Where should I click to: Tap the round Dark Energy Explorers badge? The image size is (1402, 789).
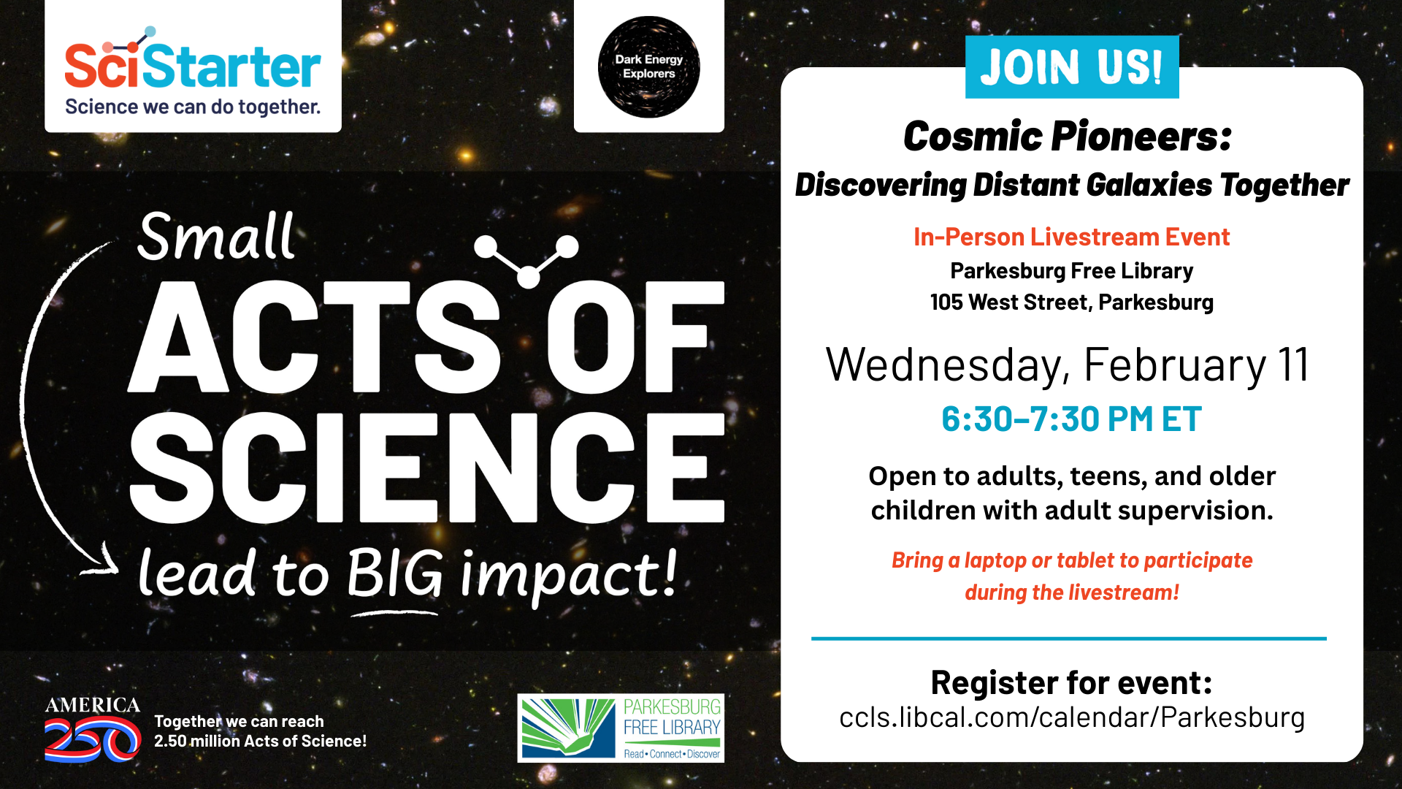point(648,66)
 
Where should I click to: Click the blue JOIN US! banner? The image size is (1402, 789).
point(1071,66)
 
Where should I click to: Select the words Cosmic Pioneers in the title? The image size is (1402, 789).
point(1067,137)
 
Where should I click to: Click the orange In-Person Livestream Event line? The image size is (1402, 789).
point(1071,237)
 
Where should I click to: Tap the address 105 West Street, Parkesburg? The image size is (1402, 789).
point(1071,302)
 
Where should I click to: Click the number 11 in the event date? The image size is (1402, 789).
point(1293,365)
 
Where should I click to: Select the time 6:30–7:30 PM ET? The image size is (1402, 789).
point(1071,419)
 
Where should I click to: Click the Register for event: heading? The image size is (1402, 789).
point(1071,683)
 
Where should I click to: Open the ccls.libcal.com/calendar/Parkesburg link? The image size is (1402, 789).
point(1071,718)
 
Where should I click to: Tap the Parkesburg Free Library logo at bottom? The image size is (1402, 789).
point(621,728)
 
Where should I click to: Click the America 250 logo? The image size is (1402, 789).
point(93,729)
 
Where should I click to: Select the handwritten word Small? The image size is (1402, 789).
point(216,236)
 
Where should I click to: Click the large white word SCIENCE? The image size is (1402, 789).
point(426,468)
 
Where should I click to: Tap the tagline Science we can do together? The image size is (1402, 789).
point(193,107)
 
